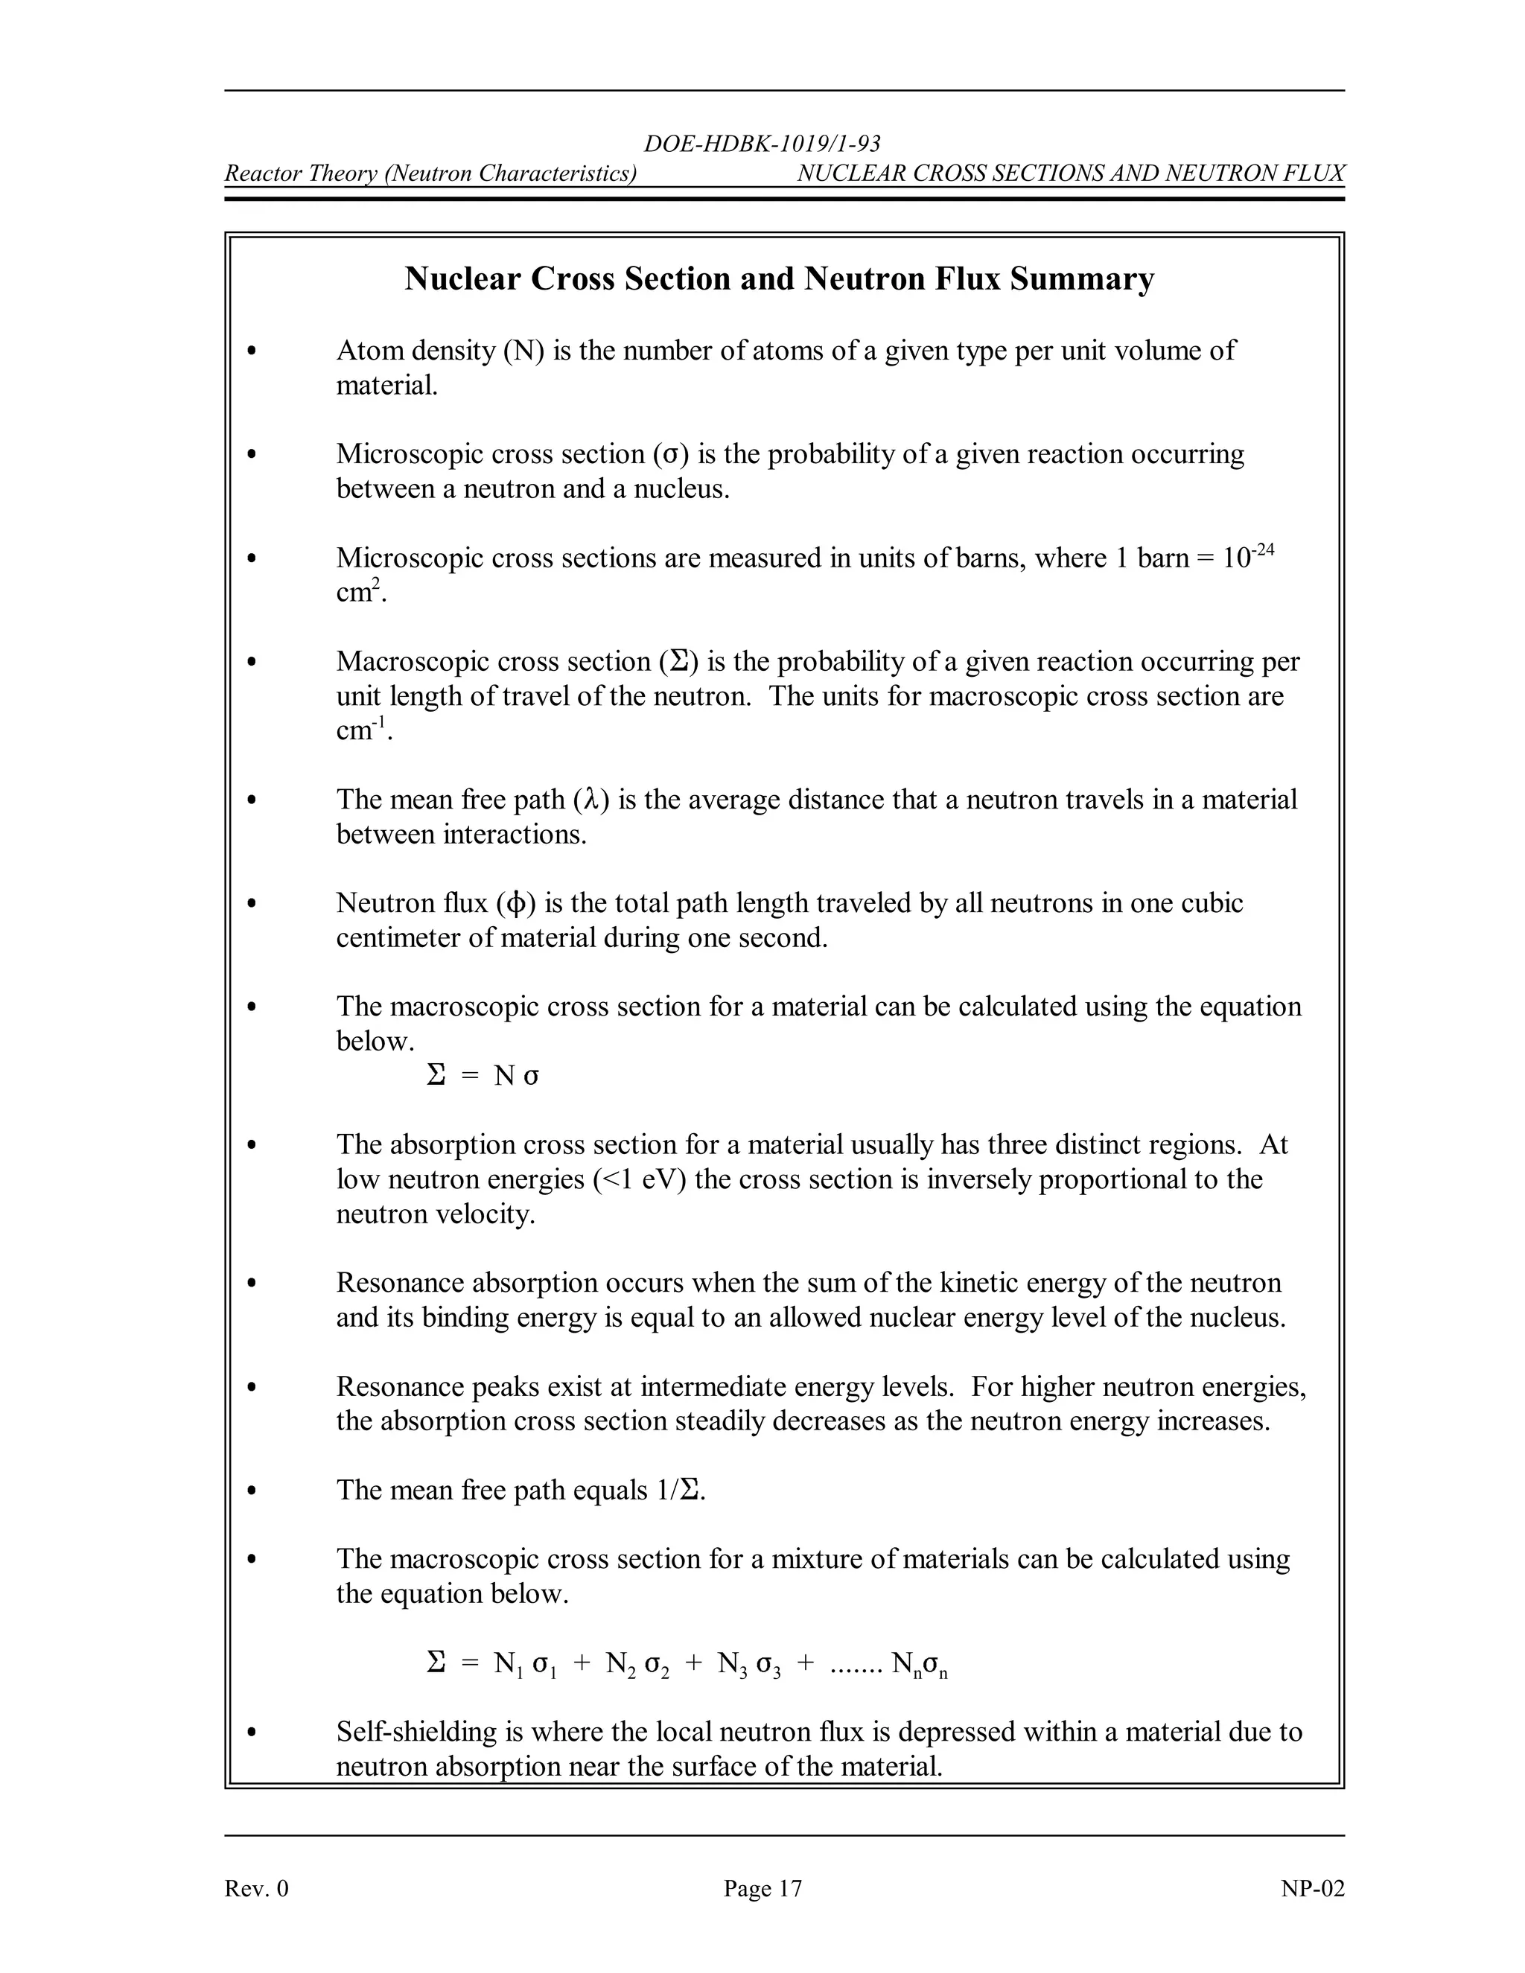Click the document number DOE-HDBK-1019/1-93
762,144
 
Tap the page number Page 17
762,1888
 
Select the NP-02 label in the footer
1312,1888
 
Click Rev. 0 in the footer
257,1888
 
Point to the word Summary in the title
1081,279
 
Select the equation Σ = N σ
482,1076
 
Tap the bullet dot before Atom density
252,351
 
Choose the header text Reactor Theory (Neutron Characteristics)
430,173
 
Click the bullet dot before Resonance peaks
252,1387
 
